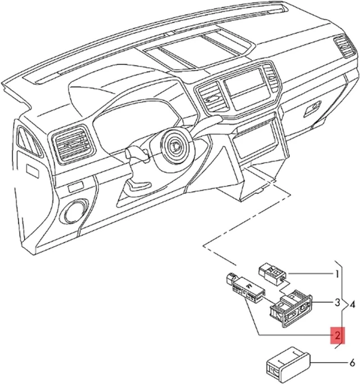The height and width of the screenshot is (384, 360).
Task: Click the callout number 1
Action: [x=337, y=274]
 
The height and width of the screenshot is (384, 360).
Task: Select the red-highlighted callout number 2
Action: [x=337, y=335]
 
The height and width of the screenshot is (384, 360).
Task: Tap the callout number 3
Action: [x=337, y=303]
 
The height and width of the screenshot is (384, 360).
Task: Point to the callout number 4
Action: [x=353, y=305]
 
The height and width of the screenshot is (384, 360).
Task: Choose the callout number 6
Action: [x=352, y=363]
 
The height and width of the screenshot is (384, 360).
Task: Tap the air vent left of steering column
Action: [x=73, y=145]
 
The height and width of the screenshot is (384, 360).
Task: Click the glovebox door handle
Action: [x=313, y=108]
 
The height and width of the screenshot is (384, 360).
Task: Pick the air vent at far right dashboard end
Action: [x=345, y=47]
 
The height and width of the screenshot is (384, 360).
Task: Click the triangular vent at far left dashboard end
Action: [x=28, y=141]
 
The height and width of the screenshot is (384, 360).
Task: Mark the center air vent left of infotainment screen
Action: [x=210, y=97]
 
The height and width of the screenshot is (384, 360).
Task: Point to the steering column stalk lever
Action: [x=137, y=154]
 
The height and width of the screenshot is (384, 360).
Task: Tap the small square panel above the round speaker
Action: [x=76, y=187]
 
